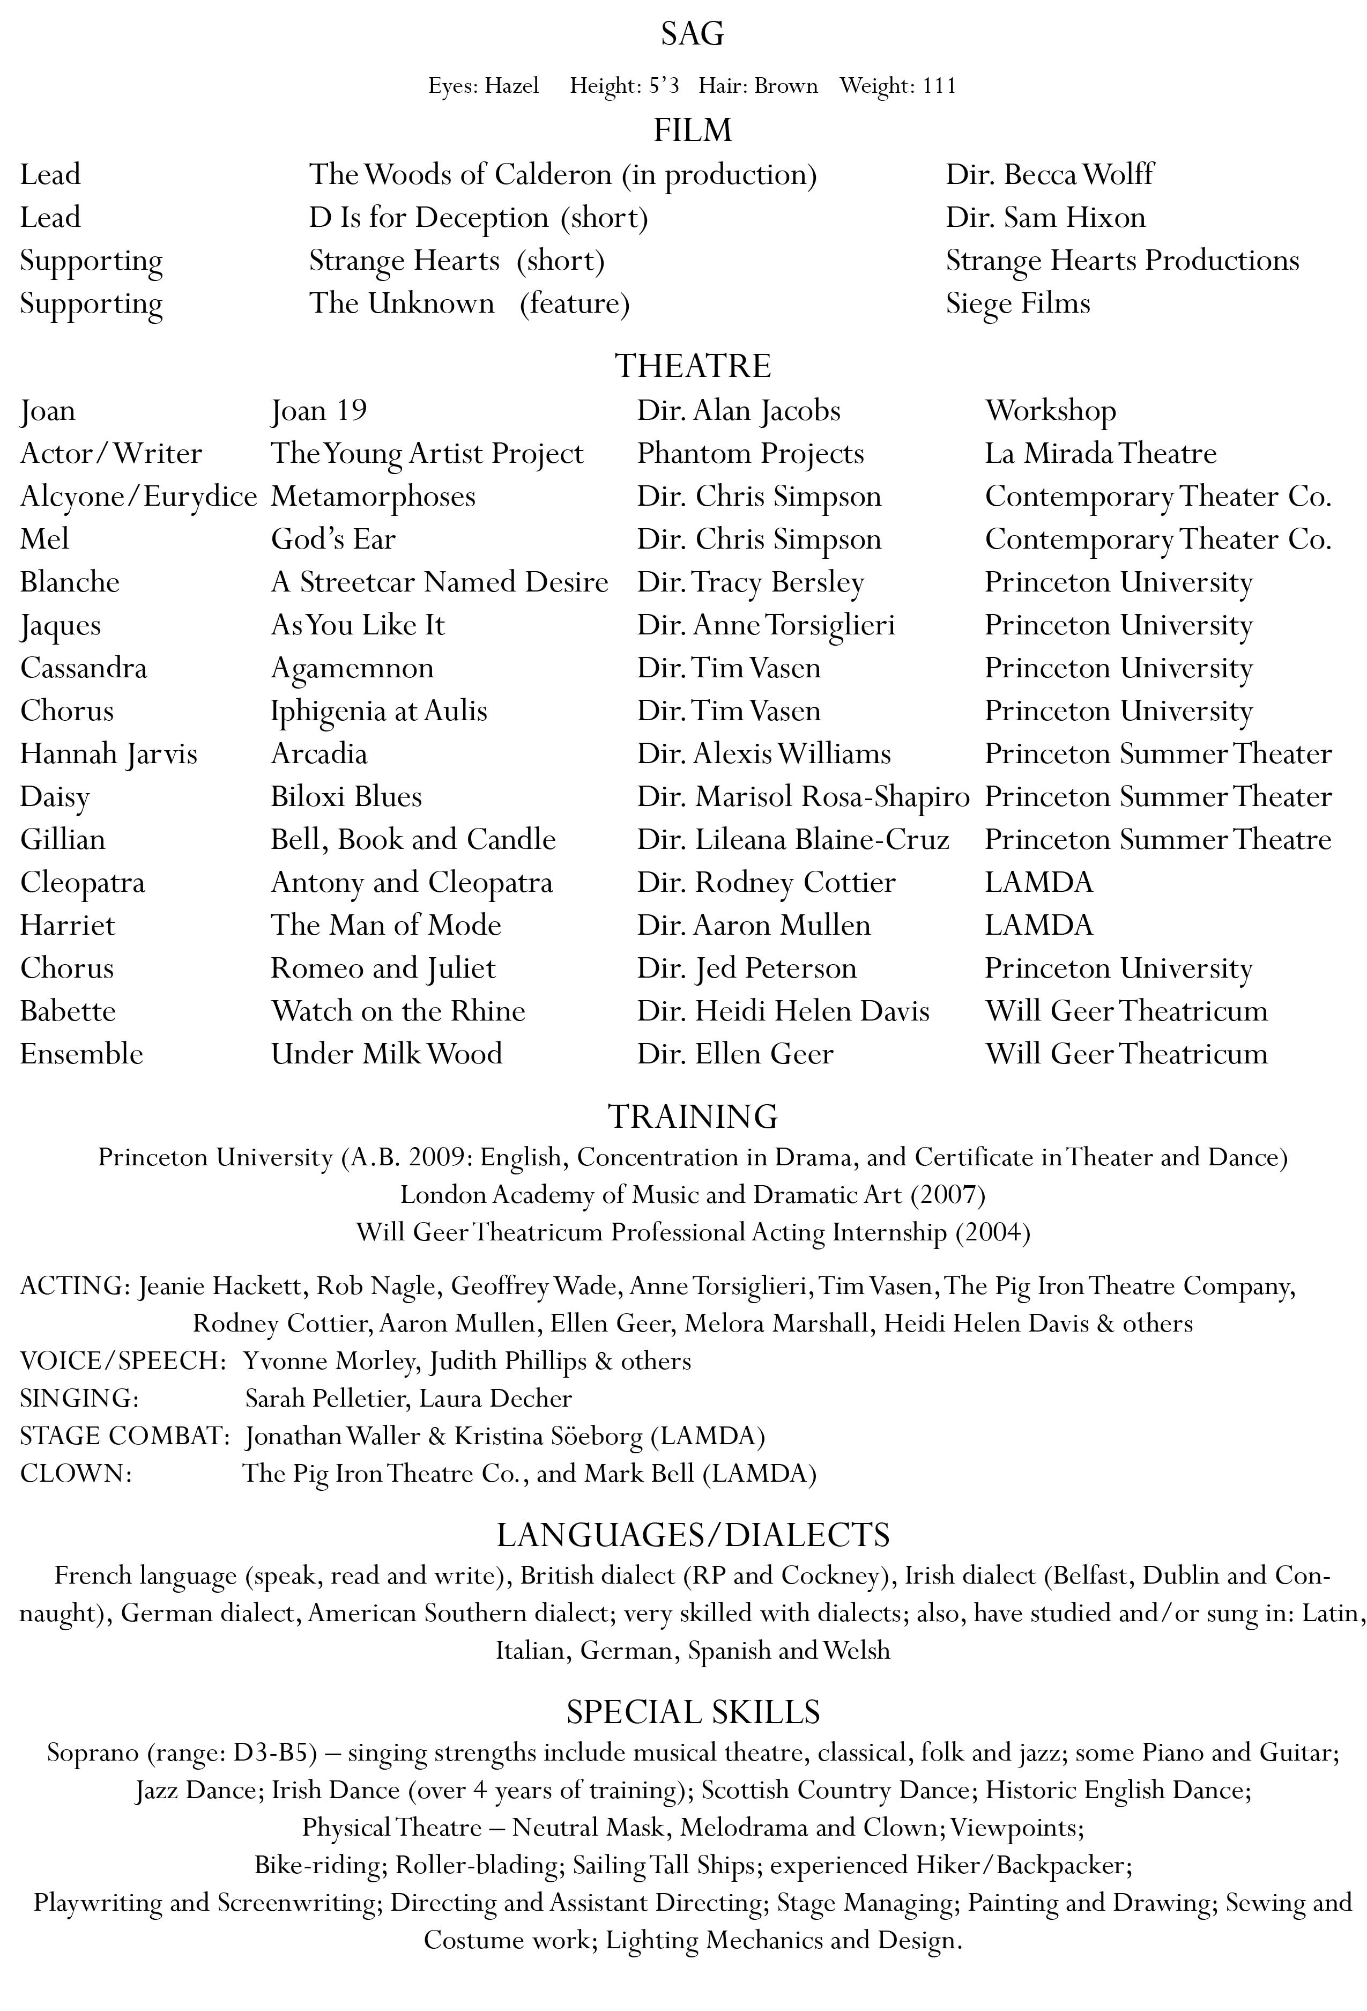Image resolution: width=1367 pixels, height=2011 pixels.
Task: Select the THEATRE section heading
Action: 692,366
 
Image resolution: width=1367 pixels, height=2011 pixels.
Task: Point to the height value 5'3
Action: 663,86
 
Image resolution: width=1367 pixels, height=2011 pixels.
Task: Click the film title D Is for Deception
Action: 428,218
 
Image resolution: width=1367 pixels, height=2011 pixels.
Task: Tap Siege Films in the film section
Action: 1017,304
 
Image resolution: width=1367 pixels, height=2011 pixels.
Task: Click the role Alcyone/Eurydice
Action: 138,497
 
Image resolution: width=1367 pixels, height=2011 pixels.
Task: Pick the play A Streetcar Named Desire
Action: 440,582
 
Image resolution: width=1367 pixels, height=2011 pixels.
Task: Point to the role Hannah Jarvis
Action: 109,753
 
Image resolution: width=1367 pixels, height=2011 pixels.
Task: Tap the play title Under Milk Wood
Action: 386,1054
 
